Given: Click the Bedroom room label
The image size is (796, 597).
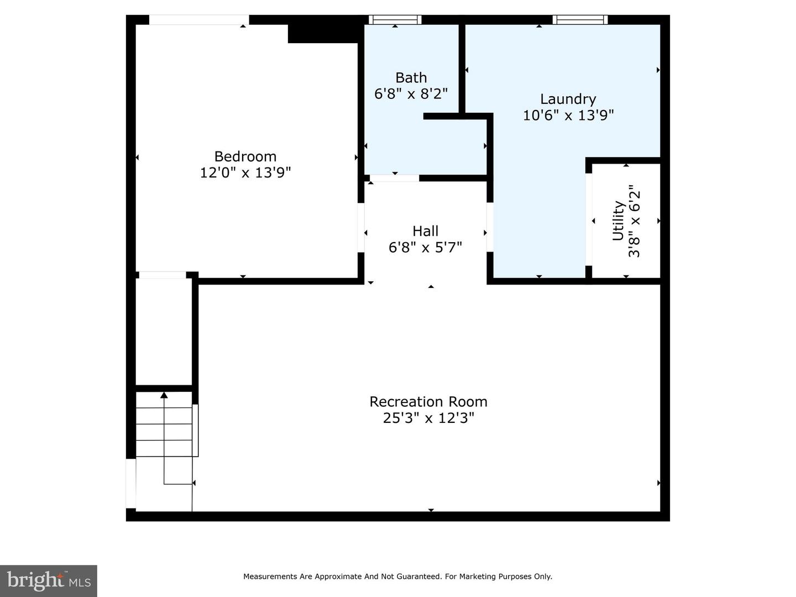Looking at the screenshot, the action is pos(245,156).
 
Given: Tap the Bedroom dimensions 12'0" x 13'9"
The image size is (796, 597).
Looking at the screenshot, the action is pos(245,172).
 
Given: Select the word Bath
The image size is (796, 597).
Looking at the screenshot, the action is pos(411,77).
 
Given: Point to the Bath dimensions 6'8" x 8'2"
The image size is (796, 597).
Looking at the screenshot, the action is pos(411,93).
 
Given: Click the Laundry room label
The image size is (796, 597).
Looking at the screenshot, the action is pos(568,99).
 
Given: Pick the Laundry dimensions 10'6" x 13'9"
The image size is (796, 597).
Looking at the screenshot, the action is pos(568,116).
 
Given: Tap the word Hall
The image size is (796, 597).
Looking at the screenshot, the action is pos(425,231).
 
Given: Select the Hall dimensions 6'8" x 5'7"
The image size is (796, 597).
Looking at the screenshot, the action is pos(425,248).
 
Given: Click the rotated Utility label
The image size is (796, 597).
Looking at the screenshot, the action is pos(619,221).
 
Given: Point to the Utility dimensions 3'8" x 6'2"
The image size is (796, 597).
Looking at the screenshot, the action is pos(634,221).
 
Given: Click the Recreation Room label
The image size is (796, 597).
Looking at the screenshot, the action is pos(428,402).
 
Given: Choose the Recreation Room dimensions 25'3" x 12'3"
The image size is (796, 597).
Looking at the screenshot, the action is pos(428,418).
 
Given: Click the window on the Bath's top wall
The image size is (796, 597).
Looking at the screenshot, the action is pos(395,19).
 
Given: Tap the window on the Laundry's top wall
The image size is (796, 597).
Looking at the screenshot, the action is pos(580,19).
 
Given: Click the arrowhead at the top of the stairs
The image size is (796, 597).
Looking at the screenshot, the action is pos(164,395).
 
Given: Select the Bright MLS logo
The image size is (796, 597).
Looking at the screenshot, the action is pos(48,580).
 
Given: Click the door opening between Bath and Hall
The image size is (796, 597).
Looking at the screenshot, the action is pos(394,178).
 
